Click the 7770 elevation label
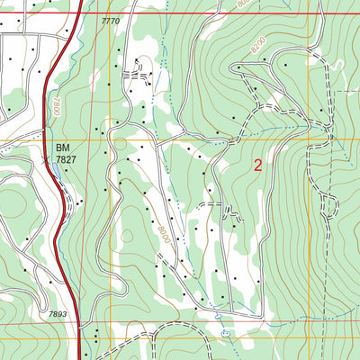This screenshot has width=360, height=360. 110,20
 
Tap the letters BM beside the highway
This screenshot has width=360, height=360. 62,146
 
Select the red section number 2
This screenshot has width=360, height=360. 258,165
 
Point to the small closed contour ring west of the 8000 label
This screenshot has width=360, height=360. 127,236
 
